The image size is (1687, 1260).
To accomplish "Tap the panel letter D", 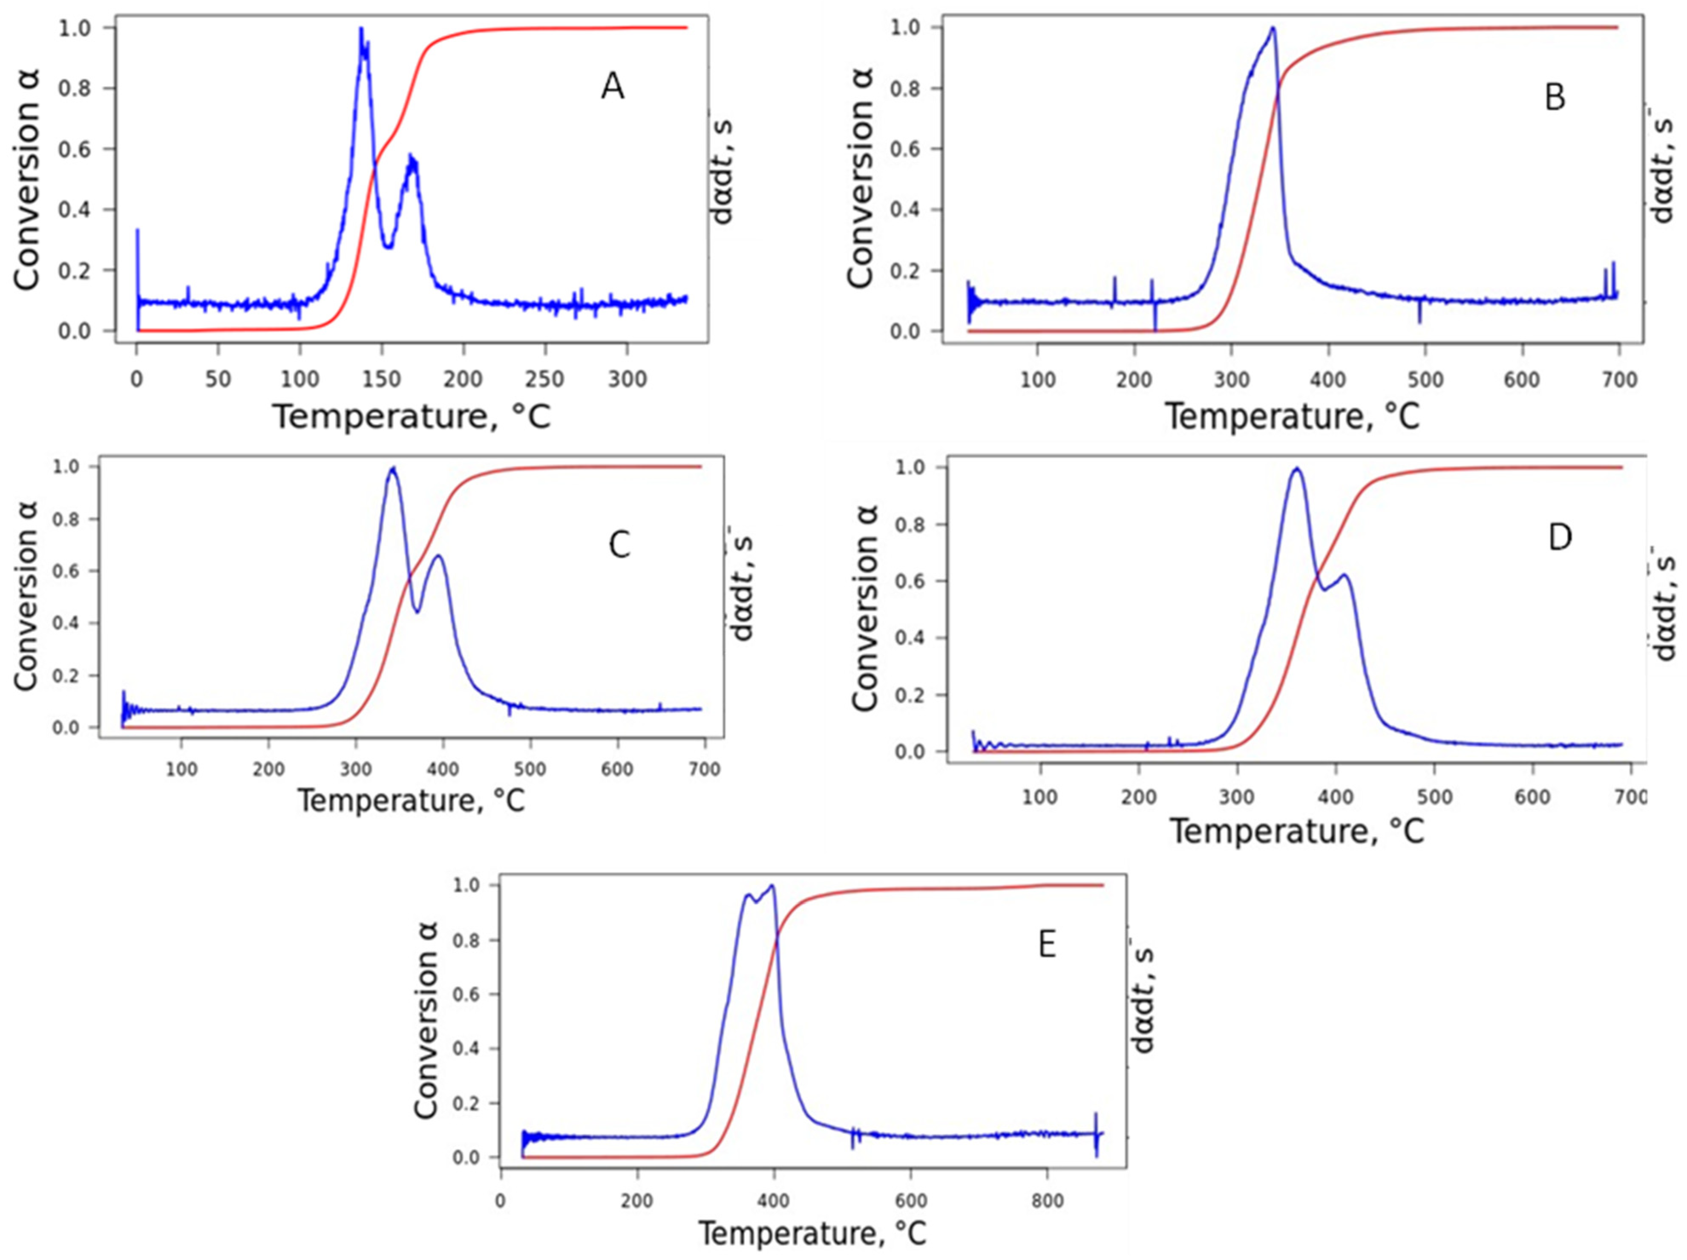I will click(x=1560, y=539).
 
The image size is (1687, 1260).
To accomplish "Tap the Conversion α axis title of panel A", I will click(x=27, y=179).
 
